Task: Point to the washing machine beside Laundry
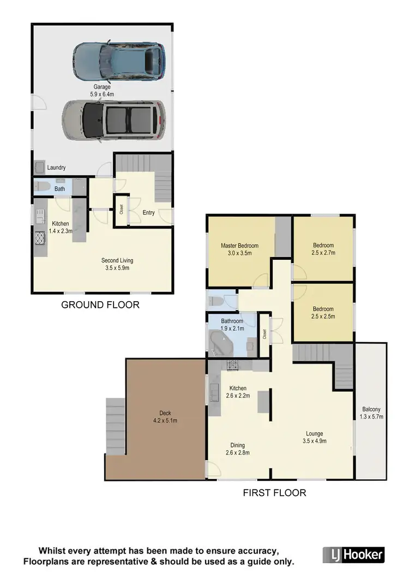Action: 40,167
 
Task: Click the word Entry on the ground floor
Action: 148,212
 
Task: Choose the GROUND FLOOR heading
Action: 100,305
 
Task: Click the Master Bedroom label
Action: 239,249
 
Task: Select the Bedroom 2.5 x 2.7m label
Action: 323,249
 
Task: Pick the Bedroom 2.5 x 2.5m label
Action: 323,313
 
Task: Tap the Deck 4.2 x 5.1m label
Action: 165,417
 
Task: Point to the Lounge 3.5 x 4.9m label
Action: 314,438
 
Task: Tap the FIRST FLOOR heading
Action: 274,493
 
